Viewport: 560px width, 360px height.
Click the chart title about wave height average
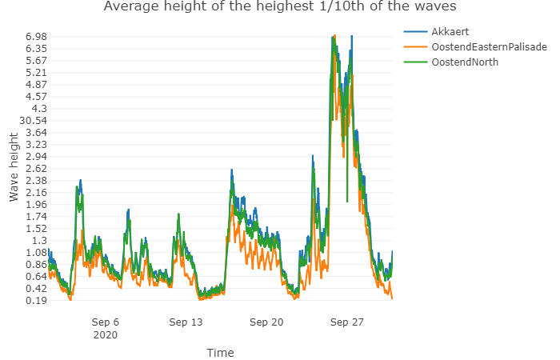coord(280,8)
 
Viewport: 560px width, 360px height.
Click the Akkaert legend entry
coord(450,31)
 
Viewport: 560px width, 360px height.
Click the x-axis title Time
coord(220,352)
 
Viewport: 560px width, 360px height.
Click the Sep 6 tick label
coord(106,322)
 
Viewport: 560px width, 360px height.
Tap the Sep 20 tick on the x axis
coord(266,322)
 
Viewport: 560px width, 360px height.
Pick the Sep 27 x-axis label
coord(347,322)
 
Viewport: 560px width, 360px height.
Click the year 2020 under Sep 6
coord(106,335)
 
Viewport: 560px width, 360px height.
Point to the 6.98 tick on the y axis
coord(36,37)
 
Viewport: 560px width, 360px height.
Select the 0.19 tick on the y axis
coord(36,301)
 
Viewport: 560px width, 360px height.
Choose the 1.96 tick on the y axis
coord(36,205)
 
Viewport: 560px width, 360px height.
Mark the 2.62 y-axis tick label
coord(36,169)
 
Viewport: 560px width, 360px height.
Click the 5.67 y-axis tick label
coord(36,61)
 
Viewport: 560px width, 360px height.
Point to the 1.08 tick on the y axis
coord(36,253)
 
